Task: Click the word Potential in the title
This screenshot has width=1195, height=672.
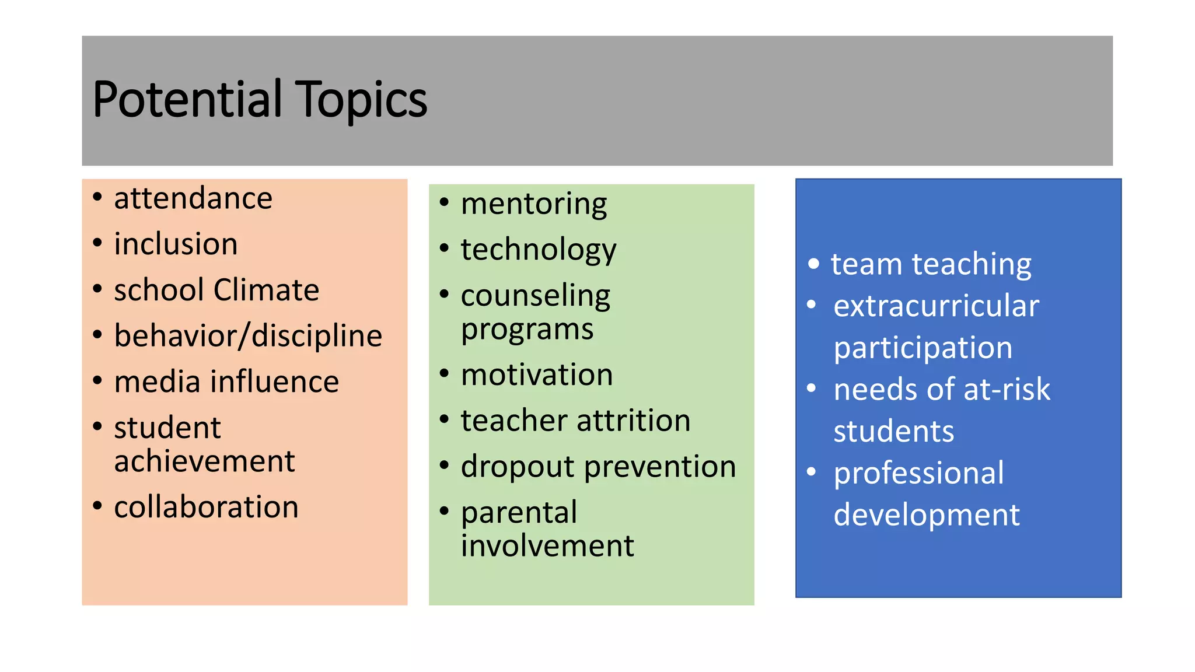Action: (187, 99)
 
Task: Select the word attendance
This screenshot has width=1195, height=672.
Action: (193, 198)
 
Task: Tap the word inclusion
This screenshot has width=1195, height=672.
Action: (176, 244)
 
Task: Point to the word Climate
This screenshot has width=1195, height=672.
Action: (266, 290)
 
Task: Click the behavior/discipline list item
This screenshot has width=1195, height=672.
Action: (248, 336)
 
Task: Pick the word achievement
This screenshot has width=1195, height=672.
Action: (204, 461)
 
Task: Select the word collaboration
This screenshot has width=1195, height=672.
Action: (206, 507)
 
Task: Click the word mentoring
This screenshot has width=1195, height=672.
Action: (534, 204)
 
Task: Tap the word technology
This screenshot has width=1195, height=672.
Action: (539, 250)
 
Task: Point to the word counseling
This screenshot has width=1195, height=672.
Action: (536, 296)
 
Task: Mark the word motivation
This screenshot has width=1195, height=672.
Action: (537, 374)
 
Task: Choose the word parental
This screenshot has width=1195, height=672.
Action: (519, 513)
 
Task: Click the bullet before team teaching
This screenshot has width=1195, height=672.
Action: (813, 264)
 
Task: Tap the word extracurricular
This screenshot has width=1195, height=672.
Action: (936, 306)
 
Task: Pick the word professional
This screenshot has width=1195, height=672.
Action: (918, 473)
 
